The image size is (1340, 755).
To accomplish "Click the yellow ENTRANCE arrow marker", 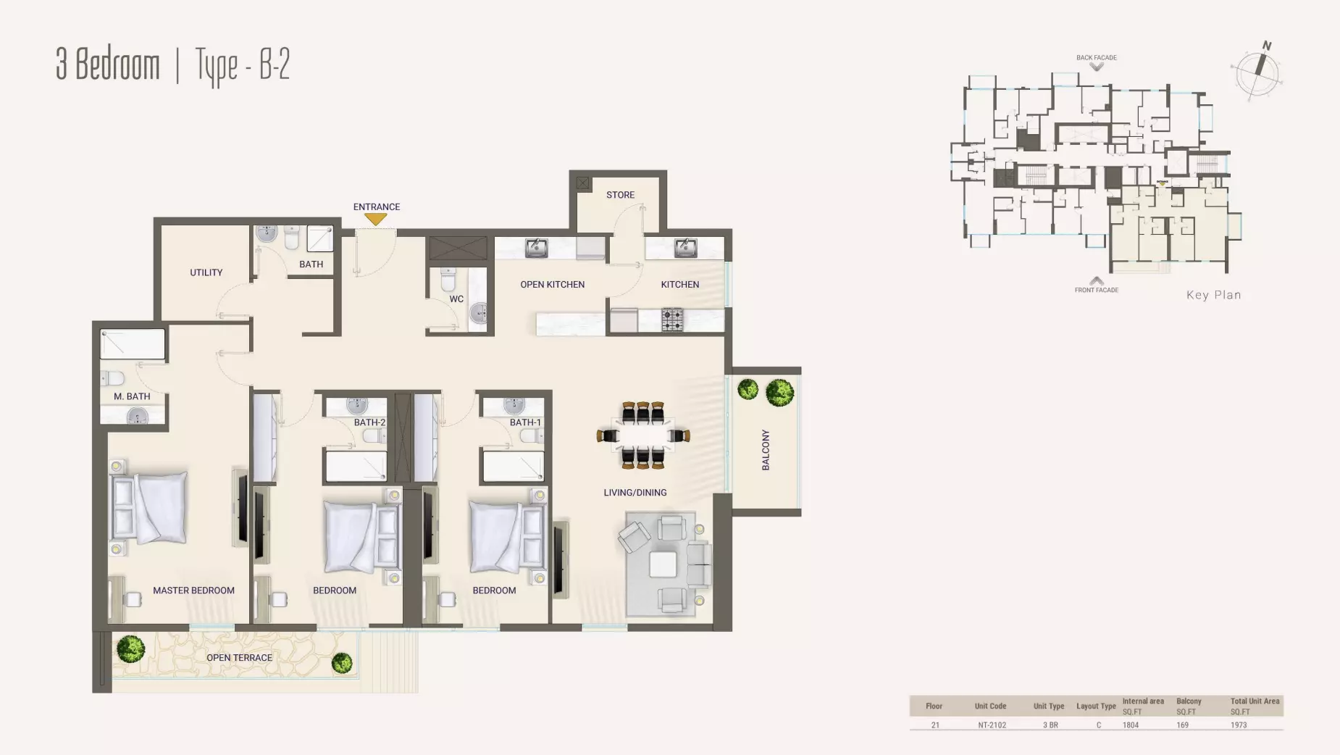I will click(376, 218).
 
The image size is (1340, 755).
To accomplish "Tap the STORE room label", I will click(620, 195).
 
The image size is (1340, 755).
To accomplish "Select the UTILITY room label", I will click(206, 272).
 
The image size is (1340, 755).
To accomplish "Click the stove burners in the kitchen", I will click(672, 320).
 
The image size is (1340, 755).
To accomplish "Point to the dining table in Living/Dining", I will click(643, 435).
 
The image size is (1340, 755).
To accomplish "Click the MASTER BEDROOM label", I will click(193, 591).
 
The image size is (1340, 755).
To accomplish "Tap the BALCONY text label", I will click(766, 450).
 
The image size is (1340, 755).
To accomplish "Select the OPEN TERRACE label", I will click(239, 658).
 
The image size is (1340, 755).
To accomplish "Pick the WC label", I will click(456, 299).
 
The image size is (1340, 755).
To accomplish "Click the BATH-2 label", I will click(369, 422).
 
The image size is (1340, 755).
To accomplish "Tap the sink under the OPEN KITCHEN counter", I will click(537, 248).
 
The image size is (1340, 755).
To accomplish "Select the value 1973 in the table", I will click(1239, 725).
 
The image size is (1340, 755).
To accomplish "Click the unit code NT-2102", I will click(992, 725).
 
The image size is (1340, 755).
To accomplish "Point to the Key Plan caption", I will click(1214, 295).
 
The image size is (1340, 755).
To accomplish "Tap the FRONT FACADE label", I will click(1096, 290).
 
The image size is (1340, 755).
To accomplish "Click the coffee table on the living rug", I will click(663, 564).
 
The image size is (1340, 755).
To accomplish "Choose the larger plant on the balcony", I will click(780, 392).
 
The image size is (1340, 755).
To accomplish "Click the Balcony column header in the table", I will click(1189, 701).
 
